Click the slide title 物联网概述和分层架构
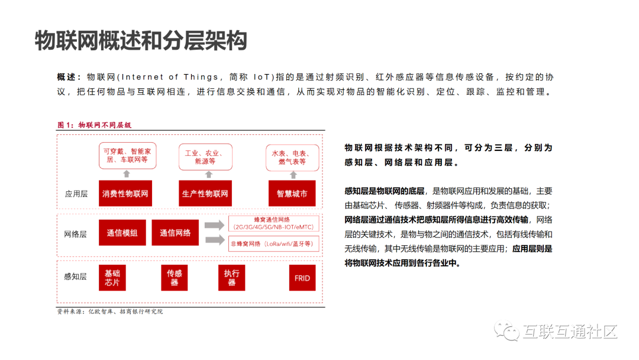click(x=140, y=41)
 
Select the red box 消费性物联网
click(x=125, y=194)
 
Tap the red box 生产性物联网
click(x=205, y=194)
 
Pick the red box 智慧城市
click(x=292, y=194)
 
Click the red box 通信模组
click(x=122, y=233)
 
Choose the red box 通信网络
click(x=175, y=233)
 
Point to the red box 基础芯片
click(x=112, y=278)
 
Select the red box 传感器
click(x=175, y=278)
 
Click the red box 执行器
click(x=231, y=278)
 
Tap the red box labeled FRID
click(x=302, y=278)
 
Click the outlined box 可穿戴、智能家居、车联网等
click(x=126, y=155)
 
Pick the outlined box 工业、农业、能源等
click(x=204, y=157)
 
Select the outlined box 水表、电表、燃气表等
click(x=292, y=157)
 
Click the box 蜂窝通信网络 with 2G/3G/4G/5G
click(x=274, y=223)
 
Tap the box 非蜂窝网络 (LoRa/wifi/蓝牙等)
click(x=274, y=243)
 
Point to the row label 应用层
click(x=76, y=194)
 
